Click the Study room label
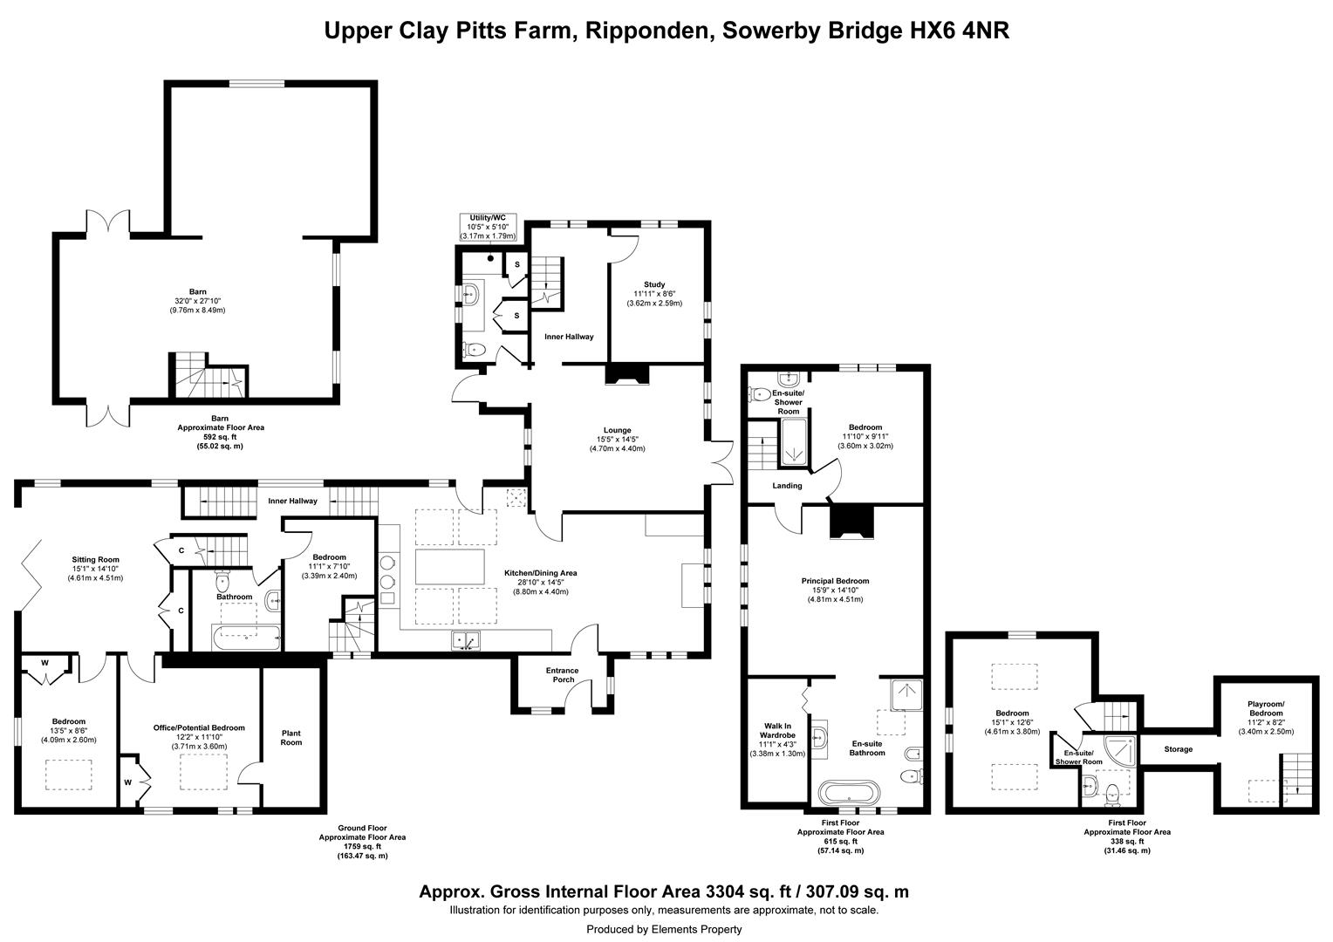coord(654,284)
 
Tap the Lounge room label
coord(617,430)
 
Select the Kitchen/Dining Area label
coord(540,573)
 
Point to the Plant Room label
coord(291,738)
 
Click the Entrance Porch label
coord(563,675)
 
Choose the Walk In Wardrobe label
coord(777,731)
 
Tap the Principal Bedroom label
coord(835,581)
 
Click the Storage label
coord(1179,749)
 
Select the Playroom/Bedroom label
coord(1266,709)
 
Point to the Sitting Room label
coord(95,559)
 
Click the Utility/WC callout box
coord(488,228)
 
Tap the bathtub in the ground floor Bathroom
coord(246,638)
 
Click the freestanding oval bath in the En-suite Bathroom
coord(849,793)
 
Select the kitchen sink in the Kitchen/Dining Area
coord(466,640)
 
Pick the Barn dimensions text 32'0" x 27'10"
coord(197,301)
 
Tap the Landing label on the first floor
coord(787,486)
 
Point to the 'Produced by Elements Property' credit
coord(664,929)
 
